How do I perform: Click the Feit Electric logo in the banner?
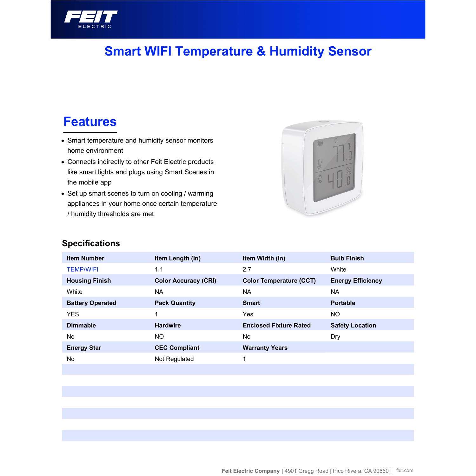click(91, 19)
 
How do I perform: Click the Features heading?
click(90, 122)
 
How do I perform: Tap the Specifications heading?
click(91, 243)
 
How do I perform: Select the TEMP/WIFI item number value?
click(83, 269)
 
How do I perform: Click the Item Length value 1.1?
click(159, 269)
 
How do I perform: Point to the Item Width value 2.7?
click(247, 269)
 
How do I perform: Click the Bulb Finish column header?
click(347, 258)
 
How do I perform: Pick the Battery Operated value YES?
click(73, 314)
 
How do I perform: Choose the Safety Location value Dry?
click(335, 337)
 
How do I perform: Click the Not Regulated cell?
click(174, 359)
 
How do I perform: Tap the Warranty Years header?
click(265, 348)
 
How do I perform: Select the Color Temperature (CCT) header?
click(279, 281)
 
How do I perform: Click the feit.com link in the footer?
click(405, 470)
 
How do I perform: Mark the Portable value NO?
click(335, 314)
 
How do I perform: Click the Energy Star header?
click(84, 348)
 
